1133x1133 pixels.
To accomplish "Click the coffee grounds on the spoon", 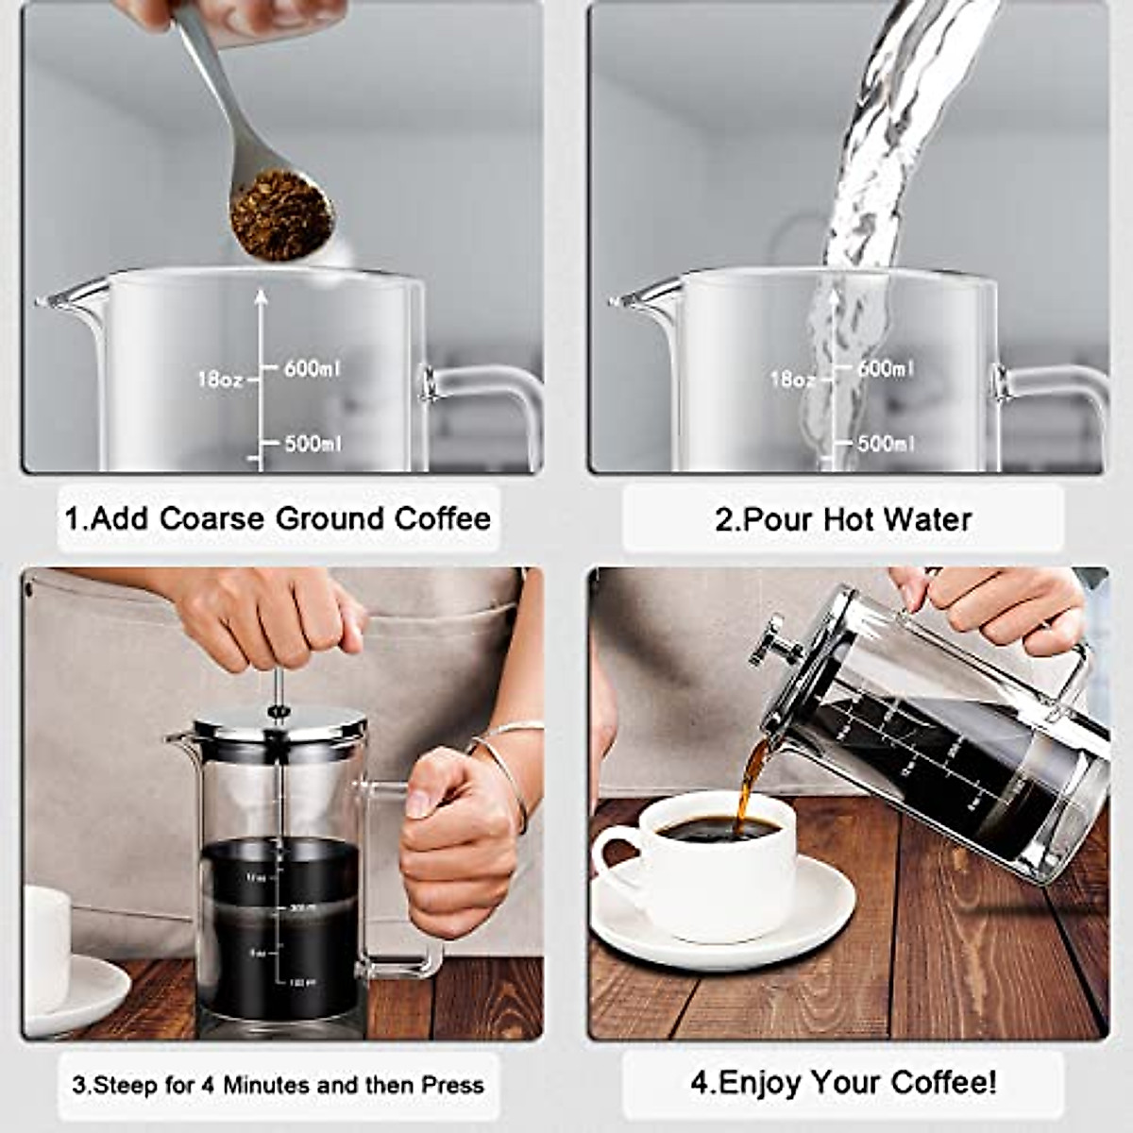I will click(281, 215).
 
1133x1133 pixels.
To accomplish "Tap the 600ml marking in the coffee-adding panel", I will click(313, 368).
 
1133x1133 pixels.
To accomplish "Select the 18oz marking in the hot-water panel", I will click(791, 380).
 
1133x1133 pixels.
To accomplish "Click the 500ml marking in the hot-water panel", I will click(885, 444).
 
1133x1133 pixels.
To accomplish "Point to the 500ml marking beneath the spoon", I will click(313, 444).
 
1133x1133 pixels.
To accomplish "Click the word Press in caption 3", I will click(452, 1086).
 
